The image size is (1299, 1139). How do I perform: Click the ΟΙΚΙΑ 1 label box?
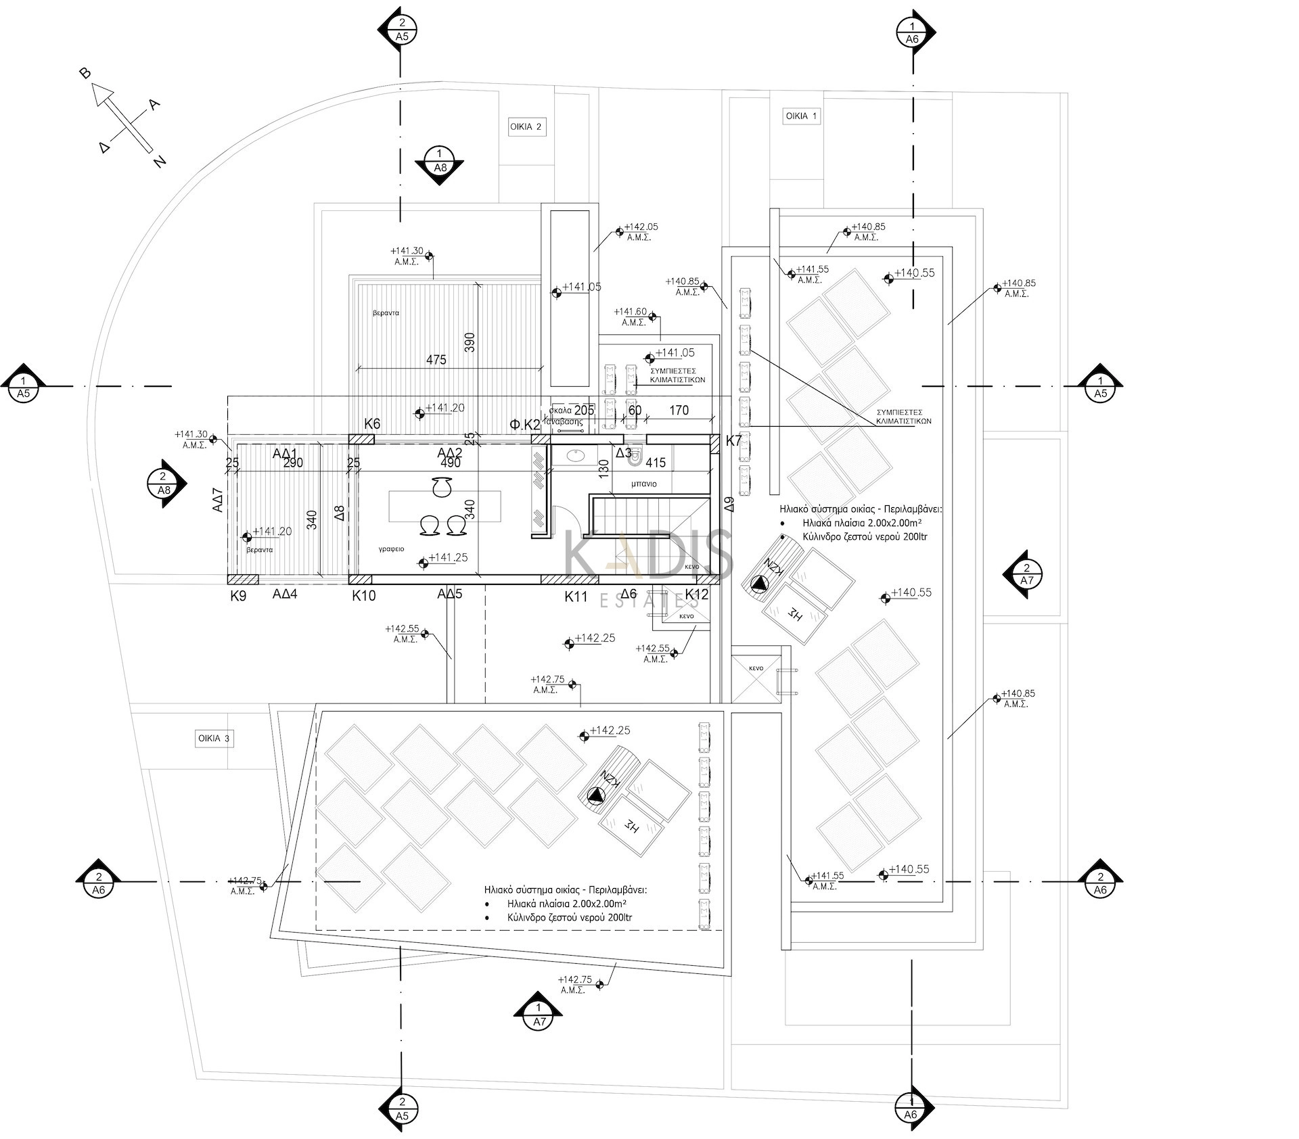click(x=801, y=116)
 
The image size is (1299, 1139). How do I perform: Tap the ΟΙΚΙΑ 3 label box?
click(x=213, y=738)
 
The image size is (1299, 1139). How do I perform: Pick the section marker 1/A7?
click(x=539, y=1015)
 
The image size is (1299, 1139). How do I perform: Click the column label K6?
click(x=372, y=424)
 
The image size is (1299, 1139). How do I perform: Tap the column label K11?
click(x=576, y=596)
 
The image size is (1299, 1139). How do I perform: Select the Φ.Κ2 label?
click(x=525, y=425)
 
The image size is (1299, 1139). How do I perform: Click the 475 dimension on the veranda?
click(x=436, y=360)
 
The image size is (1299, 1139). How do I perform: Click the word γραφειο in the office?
click(x=391, y=549)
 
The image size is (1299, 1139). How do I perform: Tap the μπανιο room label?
click(x=644, y=484)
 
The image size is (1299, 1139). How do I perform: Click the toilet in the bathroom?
click(x=635, y=460)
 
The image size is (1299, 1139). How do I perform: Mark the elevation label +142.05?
click(x=640, y=227)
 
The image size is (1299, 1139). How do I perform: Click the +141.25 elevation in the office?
click(x=447, y=558)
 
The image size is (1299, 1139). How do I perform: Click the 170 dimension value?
click(x=679, y=410)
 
